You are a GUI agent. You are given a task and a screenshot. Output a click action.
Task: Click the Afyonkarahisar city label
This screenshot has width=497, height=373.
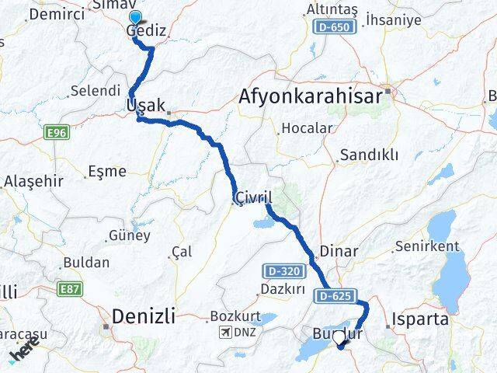pyautogui.click(x=311, y=97)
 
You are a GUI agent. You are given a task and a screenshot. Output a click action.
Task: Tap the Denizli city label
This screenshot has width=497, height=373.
pyautogui.click(x=144, y=315)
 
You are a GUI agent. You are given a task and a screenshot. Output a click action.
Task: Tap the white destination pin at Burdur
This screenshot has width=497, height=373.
pyautogui.click(x=339, y=340)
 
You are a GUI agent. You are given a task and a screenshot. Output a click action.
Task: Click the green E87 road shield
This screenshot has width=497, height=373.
pyautogui.click(x=69, y=289)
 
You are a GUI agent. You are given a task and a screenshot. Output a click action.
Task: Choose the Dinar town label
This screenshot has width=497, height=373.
pyautogui.click(x=339, y=251)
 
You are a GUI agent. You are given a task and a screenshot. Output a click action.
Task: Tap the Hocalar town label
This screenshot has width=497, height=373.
pyautogui.click(x=308, y=128)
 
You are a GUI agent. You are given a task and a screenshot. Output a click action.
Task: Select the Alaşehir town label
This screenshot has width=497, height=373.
pyautogui.click(x=29, y=181)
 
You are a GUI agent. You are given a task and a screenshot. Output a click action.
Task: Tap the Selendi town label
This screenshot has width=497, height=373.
pyautogui.click(x=95, y=91)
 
